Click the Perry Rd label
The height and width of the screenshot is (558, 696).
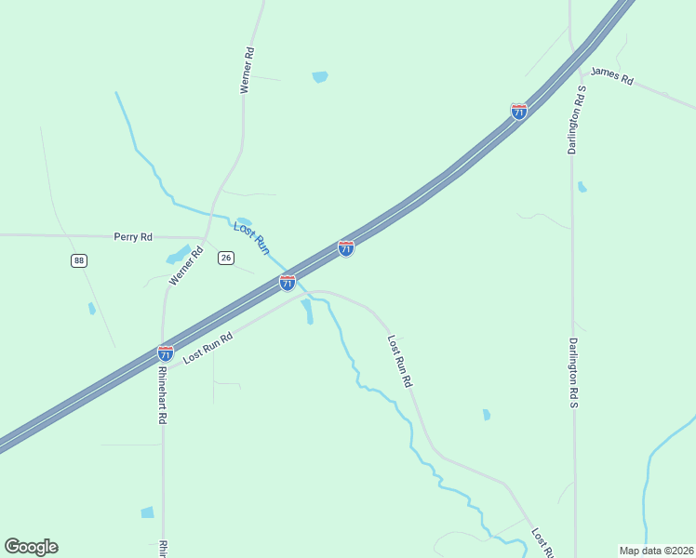[x=133, y=237]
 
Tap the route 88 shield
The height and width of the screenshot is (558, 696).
[x=78, y=260]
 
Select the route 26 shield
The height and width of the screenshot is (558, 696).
[x=225, y=258]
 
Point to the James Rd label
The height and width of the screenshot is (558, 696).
[x=611, y=75]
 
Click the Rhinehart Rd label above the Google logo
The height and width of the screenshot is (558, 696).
[x=162, y=394]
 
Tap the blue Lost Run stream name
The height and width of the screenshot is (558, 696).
[x=251, y=238]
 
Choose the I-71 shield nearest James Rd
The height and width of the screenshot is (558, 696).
[x=519, y=112]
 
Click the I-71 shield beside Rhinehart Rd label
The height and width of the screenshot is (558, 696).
[x=165, y=353]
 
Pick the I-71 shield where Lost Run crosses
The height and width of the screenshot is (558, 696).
[x=288, y=282]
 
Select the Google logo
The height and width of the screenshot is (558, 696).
[x=31, y=547]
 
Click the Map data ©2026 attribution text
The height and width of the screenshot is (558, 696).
[x=656, y=551]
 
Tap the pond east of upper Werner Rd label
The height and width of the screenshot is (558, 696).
[x=320, y=77]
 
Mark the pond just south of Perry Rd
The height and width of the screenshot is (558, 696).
[x=178, y=256]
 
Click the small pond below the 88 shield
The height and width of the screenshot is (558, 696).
[x=91, y=308]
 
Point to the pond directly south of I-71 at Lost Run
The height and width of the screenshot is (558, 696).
[x=308, y=312]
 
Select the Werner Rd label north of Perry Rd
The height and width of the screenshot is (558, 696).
[x=247, y=71]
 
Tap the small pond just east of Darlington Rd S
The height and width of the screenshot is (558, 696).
[x=582, y=187]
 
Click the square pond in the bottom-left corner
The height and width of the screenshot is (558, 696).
[x=147, y=512]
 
